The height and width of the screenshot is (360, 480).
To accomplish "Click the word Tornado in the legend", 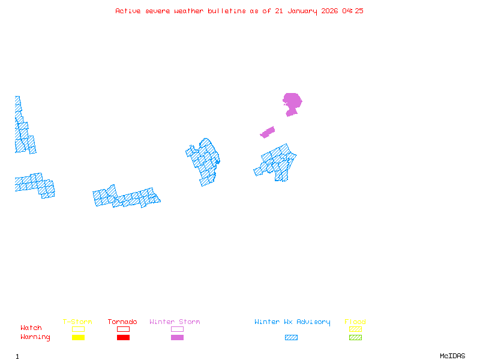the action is tap(122, 322).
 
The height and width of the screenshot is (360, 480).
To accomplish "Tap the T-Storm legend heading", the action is tap(77, 322).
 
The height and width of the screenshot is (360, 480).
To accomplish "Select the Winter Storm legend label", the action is tap(175, 322).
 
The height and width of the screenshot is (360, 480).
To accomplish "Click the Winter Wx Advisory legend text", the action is tap(292, 322).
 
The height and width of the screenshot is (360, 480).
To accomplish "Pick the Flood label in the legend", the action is tap(355, 322).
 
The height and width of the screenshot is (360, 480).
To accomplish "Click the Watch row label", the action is tap(31, 328).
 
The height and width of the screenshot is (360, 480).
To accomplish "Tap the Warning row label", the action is tap(35, 337).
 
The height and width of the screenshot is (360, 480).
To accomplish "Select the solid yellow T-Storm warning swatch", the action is tap(78, 338).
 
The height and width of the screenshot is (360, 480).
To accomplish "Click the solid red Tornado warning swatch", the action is tap(123, 338).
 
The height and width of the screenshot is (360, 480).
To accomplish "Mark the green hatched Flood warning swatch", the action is tap(355, 338).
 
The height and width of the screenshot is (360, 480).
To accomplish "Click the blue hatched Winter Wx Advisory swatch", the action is tap(291, 338).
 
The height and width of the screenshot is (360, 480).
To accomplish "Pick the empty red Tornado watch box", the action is tap(123, 329).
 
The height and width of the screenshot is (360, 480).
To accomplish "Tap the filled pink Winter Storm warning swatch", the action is tap(177, 338).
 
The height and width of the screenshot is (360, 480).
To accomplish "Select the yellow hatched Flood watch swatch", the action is tap(355, 329).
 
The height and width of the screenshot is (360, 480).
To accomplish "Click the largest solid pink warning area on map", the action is tap(292, 101).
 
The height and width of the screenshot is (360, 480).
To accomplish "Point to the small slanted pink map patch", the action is tap(268, 132).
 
